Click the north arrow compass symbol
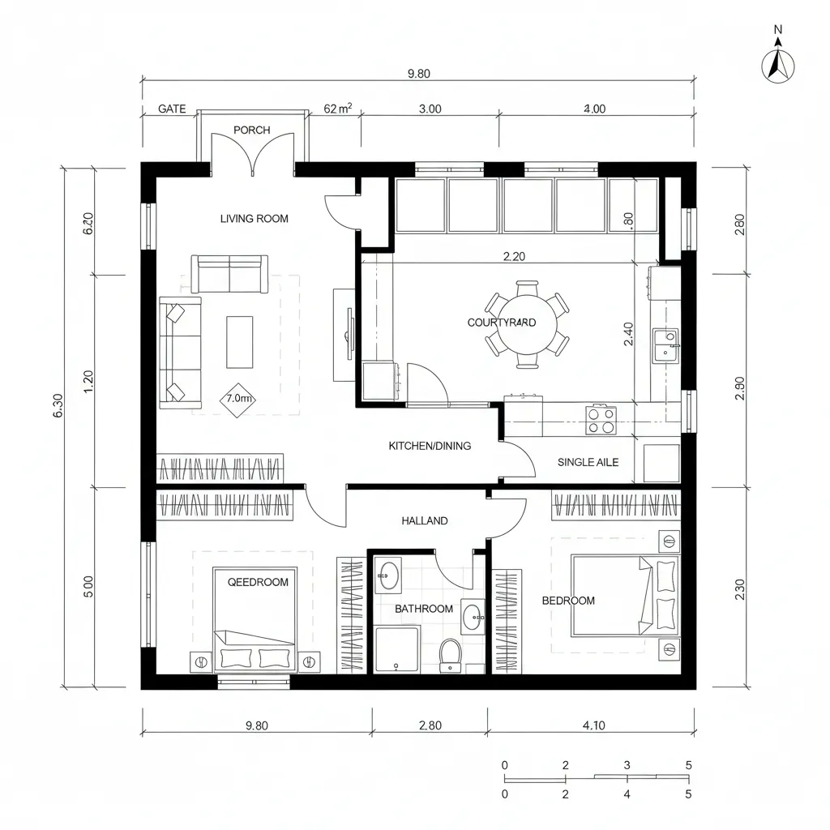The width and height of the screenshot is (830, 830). (778, 65)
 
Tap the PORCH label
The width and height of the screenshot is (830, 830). (251, 130)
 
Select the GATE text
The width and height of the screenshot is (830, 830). (172, 109)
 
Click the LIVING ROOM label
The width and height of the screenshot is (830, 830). (254, 219)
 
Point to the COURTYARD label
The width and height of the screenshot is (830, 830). (502, 323)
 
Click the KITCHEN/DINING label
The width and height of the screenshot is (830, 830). (430, 446)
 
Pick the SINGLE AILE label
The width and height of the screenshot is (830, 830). (588, 462)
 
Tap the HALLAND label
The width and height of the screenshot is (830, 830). (424, 521)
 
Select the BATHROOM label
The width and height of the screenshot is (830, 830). (423, 609)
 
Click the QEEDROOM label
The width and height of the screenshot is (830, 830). (258, 582)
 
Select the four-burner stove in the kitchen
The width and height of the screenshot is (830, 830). (601, 419)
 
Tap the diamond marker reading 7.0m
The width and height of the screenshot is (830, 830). (238, 399)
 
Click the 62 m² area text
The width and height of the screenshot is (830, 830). (337, 109)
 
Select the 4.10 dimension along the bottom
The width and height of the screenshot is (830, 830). (593, 725)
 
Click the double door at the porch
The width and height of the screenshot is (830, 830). (252, 154)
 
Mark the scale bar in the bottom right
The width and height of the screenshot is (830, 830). (596, 779)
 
